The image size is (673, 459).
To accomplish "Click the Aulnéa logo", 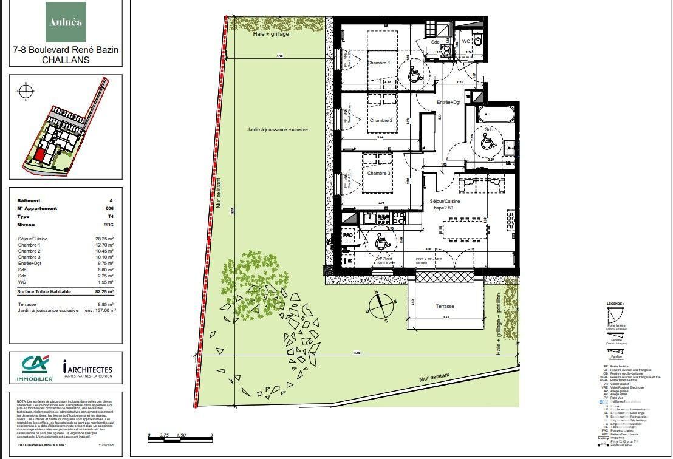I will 66,22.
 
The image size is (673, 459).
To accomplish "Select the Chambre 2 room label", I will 381,120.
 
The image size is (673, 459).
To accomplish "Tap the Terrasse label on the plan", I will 445,306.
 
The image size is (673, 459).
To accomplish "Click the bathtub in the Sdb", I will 496,115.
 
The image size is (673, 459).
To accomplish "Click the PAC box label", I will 348,234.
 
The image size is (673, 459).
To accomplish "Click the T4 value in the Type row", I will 109,216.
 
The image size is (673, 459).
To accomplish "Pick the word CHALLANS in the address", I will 66,60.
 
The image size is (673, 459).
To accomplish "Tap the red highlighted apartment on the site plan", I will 39,155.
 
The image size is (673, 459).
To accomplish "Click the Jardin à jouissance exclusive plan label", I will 277,130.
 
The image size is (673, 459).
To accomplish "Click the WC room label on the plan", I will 466,41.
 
